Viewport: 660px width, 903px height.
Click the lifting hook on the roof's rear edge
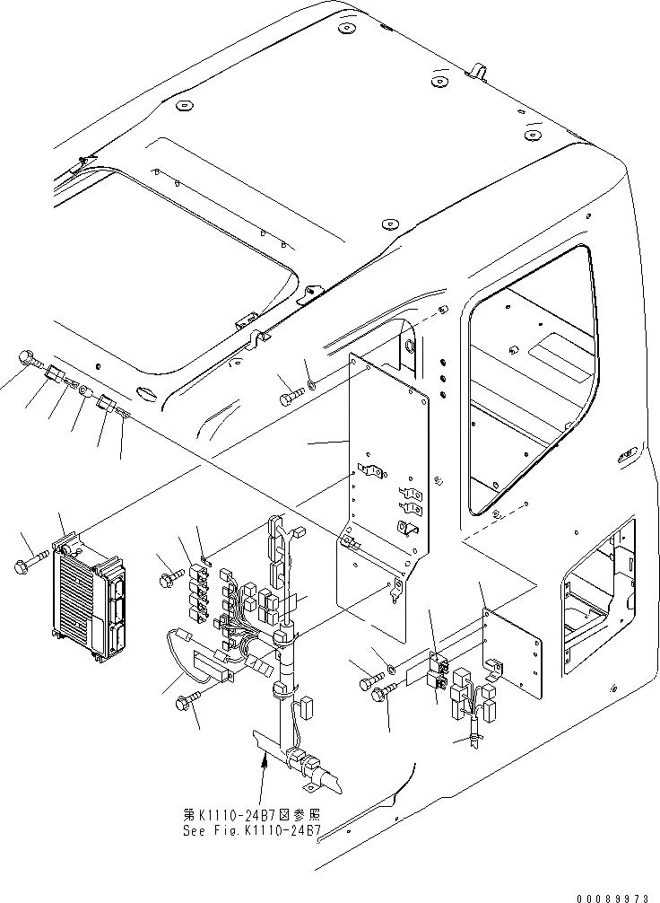click(479, 70)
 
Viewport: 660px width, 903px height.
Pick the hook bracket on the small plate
click(491, 664)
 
